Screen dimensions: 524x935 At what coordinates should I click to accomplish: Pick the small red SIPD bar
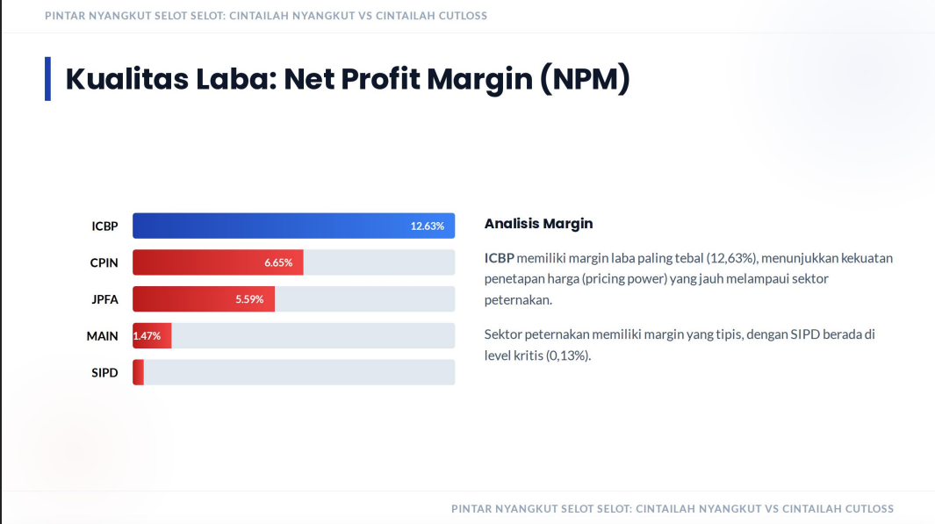(138, 372)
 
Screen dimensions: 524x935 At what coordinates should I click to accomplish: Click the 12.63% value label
(427, 226)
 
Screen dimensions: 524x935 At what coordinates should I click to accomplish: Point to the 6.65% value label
(278, 262)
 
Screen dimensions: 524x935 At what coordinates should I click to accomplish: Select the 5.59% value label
(249, 299)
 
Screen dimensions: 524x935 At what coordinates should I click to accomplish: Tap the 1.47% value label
(147, 336)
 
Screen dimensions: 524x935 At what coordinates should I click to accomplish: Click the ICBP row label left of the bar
(104, 226)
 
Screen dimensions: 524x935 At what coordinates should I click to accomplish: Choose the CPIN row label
(104, 262)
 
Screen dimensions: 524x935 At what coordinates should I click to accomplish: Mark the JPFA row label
(104, 299)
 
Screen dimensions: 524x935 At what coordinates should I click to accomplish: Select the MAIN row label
(102, 336)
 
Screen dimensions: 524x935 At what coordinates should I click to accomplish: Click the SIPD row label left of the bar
(104, 373)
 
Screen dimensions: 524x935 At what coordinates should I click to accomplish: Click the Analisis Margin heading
(538, 224)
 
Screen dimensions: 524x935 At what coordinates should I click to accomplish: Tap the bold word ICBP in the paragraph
(500, 258)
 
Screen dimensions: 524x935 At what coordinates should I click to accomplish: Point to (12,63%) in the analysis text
(732, 258)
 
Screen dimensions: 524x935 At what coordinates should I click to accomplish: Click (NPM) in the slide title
(585, 79)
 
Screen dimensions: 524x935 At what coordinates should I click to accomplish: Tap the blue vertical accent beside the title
(47, 79)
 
